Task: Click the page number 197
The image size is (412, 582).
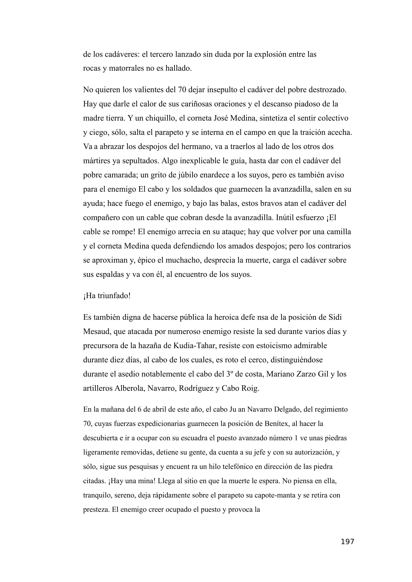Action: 347,542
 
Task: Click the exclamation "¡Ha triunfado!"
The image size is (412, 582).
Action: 107,296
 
